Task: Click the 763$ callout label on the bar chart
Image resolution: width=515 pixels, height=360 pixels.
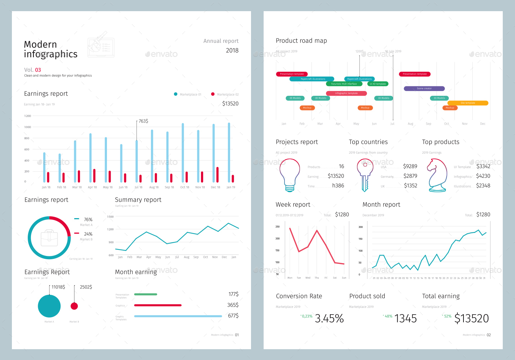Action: coord(143,121)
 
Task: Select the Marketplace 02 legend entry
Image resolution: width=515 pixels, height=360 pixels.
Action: coord(225,94)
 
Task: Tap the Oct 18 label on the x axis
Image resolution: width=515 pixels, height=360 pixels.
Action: coord(184,187)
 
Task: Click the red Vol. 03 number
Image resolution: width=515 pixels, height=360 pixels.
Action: coord(38,70)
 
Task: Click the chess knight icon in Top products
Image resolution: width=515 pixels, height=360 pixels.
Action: coord(436,175)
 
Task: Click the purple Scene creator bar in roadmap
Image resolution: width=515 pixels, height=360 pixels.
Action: coord(424,89)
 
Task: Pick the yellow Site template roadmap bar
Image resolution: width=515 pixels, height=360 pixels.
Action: coord(467,103)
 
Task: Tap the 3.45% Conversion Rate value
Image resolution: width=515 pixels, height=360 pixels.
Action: coord(329,319)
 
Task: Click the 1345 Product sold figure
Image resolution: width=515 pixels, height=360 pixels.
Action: coord(406,319)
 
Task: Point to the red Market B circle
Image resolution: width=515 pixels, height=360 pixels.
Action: coord(74,306)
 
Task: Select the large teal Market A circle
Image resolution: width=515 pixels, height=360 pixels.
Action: coord(49,306)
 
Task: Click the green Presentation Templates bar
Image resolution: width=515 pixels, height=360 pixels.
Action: coord(145,294)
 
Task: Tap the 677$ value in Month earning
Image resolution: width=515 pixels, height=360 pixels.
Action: coord(233,316)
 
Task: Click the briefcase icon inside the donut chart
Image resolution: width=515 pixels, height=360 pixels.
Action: coord(49,238)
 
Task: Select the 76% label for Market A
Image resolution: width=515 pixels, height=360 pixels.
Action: coord(88,220)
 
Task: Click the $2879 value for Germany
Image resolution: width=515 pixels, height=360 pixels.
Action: coord(410,176)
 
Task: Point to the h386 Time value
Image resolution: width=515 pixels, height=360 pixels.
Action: coord(338,186)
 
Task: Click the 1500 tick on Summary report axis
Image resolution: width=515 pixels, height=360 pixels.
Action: coord(110,217)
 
